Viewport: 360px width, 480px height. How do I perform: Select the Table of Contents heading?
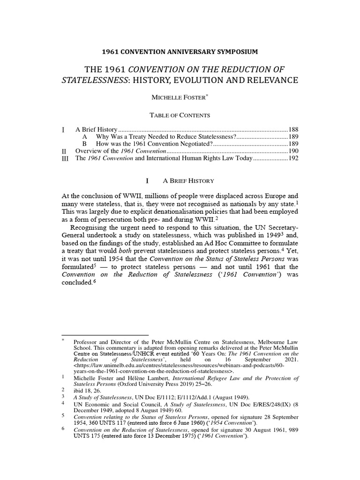(x=180, y=115)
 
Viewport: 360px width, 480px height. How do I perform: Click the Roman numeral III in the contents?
(x=65, y=159)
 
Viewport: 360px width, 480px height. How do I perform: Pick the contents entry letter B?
(x=85, y=144)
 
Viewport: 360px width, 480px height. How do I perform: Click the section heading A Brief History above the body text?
(x=188, y=180)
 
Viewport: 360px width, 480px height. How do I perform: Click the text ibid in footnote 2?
(x=81, y=390)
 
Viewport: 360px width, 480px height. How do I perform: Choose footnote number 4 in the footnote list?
(x=63, y=403)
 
